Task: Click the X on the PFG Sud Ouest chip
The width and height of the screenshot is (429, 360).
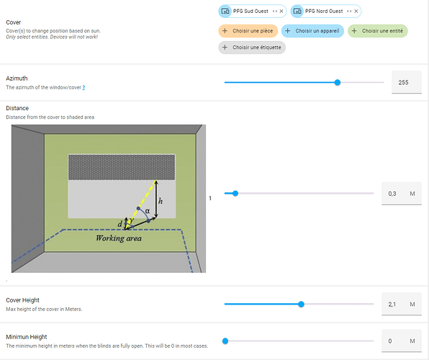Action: pyautogui.click(x=281, y=12)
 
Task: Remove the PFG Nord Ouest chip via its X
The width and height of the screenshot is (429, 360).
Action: pyautogui.click(x=356, y=12)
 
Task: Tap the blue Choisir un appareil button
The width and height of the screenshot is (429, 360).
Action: pyautogui.click(x=312, y=31)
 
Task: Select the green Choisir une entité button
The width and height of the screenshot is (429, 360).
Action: pyautogui.click(x=378, y=31)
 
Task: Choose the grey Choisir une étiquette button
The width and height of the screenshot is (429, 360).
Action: pyautogui.click(x=252, y=48)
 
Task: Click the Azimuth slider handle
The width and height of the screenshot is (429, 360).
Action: pyautogui.click(x=338, y=82)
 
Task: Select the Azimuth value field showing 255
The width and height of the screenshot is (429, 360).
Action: pyautogui.click(x=407, y=82)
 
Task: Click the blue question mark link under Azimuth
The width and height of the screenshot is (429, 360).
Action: pyautogui.click(x=83, y=88)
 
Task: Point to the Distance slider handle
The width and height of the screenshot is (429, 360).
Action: pyautogui.click(x=235, y=194)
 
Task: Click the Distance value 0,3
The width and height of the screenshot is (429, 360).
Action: pyautogui.click(x=392, y=194)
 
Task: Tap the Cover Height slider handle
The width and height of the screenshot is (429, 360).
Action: pyautogui.click(x=301, y=304)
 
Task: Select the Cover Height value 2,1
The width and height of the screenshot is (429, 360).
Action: pyautogui.click(x=392, y=305)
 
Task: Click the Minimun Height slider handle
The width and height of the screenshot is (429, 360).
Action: pyautogui.click(x=225, y=341)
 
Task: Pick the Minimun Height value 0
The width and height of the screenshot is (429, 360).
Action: pyautogui.click(x=390, y=341)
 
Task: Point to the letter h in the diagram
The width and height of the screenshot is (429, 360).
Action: pyautogui.click(x=161, y=201)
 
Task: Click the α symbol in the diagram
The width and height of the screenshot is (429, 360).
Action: pyautogui.click(x=148, y=211)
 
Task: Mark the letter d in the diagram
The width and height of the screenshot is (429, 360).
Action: pyautogui.click(x=119, y=224)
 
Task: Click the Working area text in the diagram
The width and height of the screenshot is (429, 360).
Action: pyautogui.click(x=119, y=238)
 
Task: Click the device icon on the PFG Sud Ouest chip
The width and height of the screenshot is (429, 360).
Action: pyautogui.click(x=225, y=12)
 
